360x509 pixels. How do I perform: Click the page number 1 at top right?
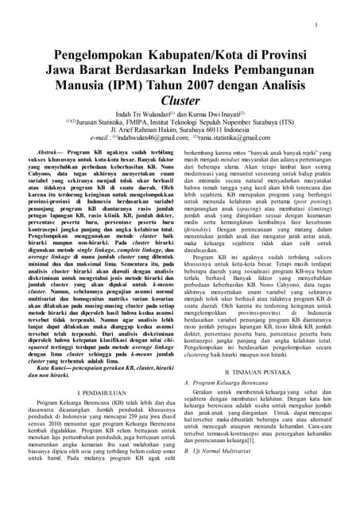click(316, 24)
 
